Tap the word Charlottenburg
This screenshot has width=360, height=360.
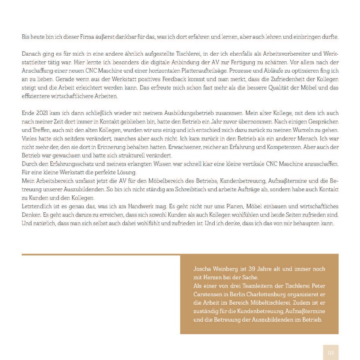tap(267, 294)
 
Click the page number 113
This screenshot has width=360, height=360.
tap(331, 352)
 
